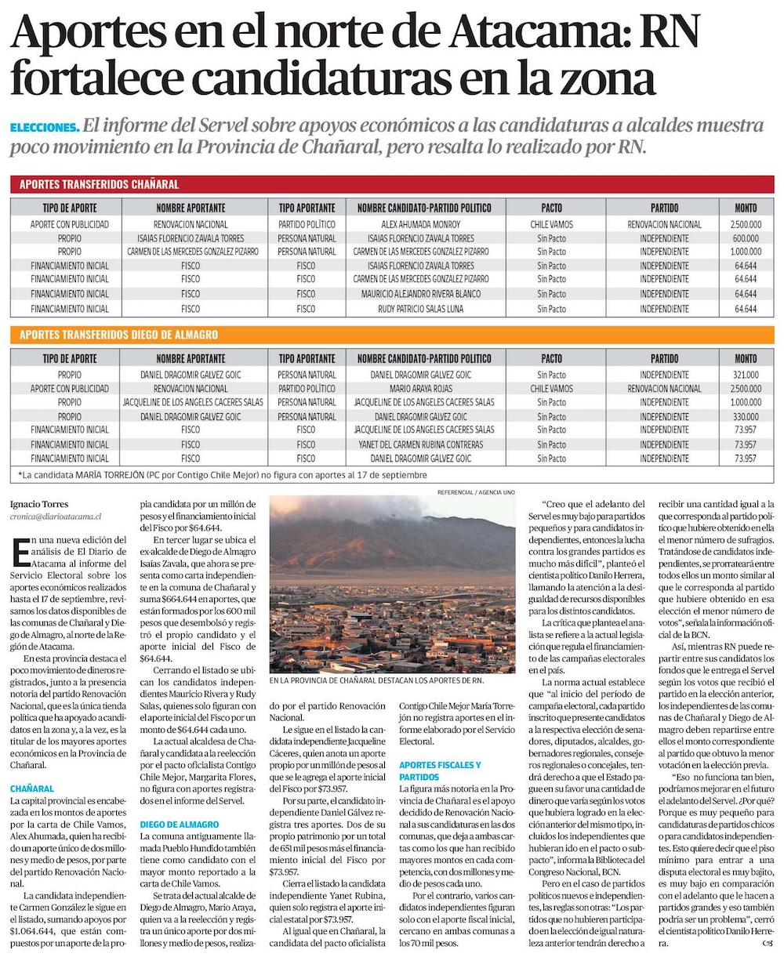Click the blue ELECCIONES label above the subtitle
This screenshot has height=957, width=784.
pyautogui.click(x=45, y=127)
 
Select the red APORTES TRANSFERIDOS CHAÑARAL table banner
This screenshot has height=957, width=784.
pyautogui.click(x=100, y=184)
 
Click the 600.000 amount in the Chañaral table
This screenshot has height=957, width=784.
pyautogui.click(x=746, y=238)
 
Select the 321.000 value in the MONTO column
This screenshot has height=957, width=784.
pyautogui.click(x=746, y=375)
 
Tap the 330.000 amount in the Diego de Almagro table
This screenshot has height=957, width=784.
pyautogui.click(x=746, y=416)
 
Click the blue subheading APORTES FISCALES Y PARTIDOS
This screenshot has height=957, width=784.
pyautogui.click(x=439, y=770)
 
